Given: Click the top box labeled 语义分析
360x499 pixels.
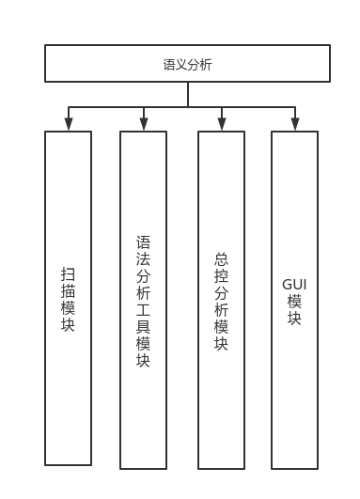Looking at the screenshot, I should coord(187,63).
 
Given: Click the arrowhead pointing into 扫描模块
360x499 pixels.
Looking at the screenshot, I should coord(68,124).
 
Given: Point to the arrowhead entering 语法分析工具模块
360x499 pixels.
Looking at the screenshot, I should coord(144,124).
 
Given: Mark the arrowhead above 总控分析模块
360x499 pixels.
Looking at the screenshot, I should coord(222,124).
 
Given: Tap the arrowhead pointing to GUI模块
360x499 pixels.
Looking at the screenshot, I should coord(295,124).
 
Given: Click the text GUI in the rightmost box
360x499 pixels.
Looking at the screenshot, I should coord(294,284).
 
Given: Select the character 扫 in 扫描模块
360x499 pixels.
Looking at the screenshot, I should coord(68,274).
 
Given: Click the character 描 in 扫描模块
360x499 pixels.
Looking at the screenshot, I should coord(68,291).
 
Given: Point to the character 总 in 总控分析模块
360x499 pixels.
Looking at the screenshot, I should coord(221,258).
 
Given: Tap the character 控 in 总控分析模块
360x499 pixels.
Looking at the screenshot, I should coord(221,275).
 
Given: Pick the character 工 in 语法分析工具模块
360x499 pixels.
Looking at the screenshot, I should coord(143,310).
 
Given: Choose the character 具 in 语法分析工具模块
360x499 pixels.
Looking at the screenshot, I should coord(143,327).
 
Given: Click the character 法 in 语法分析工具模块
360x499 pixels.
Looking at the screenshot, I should coord(143,259).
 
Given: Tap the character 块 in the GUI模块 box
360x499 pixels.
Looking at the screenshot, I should coord(294,318).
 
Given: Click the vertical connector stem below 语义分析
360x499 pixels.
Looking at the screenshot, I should coord(188,94).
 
